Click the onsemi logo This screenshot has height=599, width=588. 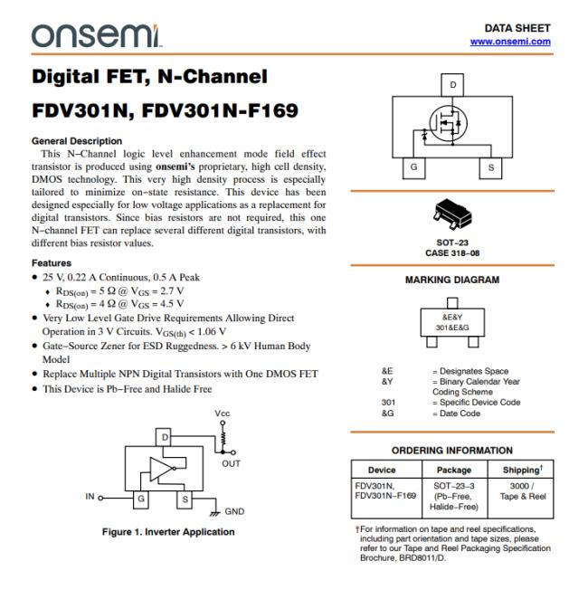click(94, 35)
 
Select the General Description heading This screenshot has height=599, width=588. click(77, 141)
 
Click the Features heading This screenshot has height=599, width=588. click(52, 263)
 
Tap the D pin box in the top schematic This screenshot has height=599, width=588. click(453, 85)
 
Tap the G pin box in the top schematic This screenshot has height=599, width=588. click(413, 167)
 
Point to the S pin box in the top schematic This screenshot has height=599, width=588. click(491, 167)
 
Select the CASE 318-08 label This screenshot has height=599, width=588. click(452, 252)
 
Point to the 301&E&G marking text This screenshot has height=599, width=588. click(452, 328)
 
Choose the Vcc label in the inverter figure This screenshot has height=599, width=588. click(223, 414)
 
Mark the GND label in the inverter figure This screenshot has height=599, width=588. click(235, 511)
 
